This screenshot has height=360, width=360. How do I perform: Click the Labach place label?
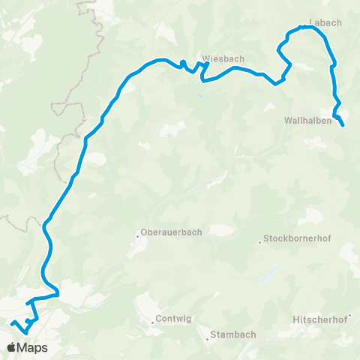(x=325, y=22)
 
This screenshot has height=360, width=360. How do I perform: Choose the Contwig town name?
(x=173, y=319)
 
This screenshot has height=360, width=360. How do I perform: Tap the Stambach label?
(x=233, y=334)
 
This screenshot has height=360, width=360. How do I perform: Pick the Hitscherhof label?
(x=325, y=319)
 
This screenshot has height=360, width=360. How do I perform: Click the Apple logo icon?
(x=11, y=347)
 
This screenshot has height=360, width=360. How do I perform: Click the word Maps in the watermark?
(x=32, y=348)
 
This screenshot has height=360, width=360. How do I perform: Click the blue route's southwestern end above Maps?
(x=13, y=322)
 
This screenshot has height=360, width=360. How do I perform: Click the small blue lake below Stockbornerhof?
(x=264, y=279)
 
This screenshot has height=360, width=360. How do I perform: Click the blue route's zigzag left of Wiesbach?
(x=192, y=67)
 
